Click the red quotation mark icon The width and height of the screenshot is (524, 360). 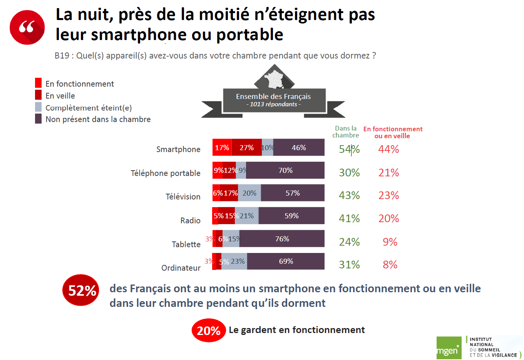[x=27, y=27]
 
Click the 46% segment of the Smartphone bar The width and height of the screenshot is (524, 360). [x=299, y=147]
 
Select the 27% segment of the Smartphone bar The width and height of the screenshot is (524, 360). [x=246, y=147]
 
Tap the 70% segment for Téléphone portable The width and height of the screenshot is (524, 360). [x=285, y=170]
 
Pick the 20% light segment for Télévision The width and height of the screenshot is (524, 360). [x=249, y=193]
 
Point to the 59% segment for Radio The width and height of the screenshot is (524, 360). [x=291, y=216]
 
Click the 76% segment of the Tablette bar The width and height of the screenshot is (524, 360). [x=282, y=239]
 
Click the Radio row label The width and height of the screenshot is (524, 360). [x=190, y=220]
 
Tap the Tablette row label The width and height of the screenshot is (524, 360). [x=186, y=244]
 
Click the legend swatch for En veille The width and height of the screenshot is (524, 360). [x=38, y=95]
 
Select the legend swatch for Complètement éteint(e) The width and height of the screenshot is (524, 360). [x=38, y=107]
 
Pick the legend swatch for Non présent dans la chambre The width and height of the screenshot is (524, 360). [x=38, y=119]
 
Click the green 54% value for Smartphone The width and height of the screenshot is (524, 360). [x=349, y=149]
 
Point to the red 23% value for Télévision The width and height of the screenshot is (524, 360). [x=388, y=195]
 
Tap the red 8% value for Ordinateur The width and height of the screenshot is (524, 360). [x=390, y=265]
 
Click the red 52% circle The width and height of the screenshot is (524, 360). [x=81, y=290]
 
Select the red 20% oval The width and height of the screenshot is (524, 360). [x=208, y=330]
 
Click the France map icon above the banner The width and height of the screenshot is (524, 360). [x=274, y=79]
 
